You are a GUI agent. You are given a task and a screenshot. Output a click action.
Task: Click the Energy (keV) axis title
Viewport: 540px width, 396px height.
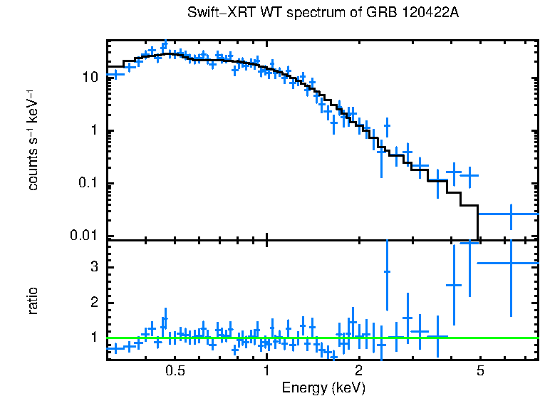point(323,387)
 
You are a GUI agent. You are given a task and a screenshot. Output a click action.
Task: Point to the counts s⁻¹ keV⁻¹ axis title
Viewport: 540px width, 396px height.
point(33,140)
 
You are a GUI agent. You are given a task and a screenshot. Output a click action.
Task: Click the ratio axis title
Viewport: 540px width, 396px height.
point(33,301)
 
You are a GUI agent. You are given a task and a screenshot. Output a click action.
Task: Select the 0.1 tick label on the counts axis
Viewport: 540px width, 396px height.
point(86,184)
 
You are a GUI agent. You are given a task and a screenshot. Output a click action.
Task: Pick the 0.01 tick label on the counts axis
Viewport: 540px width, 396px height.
point(83,236)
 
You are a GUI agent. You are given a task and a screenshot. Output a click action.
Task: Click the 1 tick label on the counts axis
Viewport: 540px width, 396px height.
point(93,131)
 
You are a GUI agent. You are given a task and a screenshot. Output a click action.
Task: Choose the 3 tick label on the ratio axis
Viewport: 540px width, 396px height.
point(93,267)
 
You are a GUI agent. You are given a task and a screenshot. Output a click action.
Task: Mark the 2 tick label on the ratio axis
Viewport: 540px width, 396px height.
point(93,303)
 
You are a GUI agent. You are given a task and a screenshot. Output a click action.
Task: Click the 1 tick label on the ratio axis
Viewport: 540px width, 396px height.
point(93,338)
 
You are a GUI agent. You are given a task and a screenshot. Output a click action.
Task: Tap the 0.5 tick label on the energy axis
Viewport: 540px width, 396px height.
point(175,371)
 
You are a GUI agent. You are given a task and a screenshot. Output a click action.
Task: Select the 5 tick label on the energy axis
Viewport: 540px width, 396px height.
point(480,371)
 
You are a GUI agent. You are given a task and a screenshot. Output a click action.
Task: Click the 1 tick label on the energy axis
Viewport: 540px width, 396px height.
point(266,371)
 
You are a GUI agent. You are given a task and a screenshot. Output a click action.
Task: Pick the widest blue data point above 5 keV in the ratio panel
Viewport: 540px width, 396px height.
point(510,263)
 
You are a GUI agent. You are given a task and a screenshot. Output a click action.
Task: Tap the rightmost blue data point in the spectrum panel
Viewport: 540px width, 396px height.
point(511,214)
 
